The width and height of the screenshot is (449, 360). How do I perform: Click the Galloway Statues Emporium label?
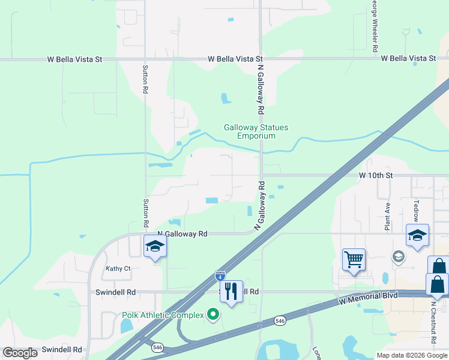[256, 131]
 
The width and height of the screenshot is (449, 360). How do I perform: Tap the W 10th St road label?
[375, 175]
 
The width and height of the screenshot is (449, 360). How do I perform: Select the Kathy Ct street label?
[118, 268]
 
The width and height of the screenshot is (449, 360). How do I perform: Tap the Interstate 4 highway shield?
[220, 276]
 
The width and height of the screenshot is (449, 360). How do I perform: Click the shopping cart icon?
[354, 260]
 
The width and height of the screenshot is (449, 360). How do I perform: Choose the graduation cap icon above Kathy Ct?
[155, 245]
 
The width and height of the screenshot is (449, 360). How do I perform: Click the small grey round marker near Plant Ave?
[397, 257]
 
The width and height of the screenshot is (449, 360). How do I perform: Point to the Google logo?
[20, 353]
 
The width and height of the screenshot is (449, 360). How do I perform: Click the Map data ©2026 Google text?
[411, 355]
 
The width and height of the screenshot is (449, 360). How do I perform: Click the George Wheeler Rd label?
[375, 24]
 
